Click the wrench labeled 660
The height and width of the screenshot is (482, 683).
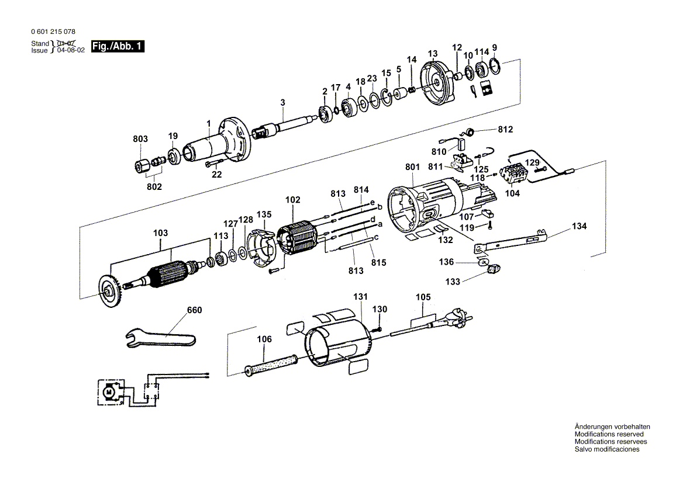[161, 338]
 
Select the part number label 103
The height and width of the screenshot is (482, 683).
[160, 233]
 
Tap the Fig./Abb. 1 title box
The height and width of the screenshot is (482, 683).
[117, 47]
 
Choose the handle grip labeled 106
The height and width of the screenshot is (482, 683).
[271, 364]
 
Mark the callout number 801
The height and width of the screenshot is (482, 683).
[412, 167]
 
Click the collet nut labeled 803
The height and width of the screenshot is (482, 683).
[140, 165]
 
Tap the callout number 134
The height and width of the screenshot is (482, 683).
[579, 226]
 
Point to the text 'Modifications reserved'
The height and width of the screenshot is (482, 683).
[609, 434]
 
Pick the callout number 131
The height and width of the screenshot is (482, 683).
[361, 297]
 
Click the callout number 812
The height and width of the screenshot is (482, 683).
[505, 129]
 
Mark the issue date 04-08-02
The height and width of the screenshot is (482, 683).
[71, 51]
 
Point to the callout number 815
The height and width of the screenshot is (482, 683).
[379, 263]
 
